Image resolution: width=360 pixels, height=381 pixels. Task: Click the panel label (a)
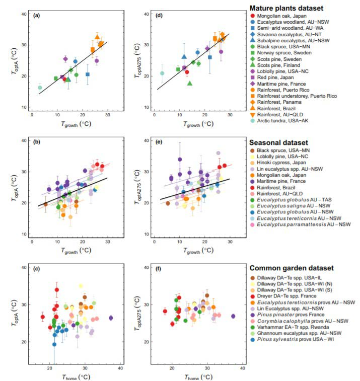(x=36, y=16)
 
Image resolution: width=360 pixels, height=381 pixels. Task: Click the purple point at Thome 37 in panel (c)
(x=111, y=318)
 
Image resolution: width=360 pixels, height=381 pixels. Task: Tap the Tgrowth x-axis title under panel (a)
(x=73, y=122)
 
